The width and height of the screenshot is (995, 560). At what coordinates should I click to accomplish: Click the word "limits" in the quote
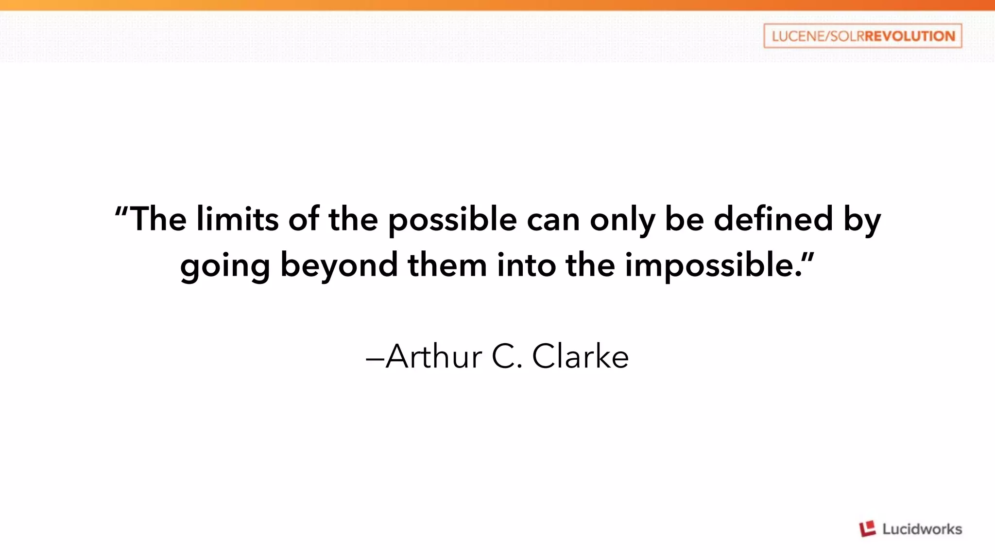(237, 219)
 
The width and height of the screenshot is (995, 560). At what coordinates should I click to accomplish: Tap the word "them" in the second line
(447, 265)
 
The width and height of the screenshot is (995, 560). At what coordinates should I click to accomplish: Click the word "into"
(526, 265)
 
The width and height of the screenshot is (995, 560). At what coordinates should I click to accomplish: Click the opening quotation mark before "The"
(121, 211)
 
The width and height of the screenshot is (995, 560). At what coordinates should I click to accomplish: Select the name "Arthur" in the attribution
(434, 356)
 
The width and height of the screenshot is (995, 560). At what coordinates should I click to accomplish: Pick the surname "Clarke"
(580, 356)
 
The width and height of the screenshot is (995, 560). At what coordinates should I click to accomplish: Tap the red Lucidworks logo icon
(868, 528)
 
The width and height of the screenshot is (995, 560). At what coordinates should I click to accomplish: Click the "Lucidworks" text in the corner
(922, 529)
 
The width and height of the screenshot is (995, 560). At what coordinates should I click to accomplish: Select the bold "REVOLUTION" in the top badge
(909, 36)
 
